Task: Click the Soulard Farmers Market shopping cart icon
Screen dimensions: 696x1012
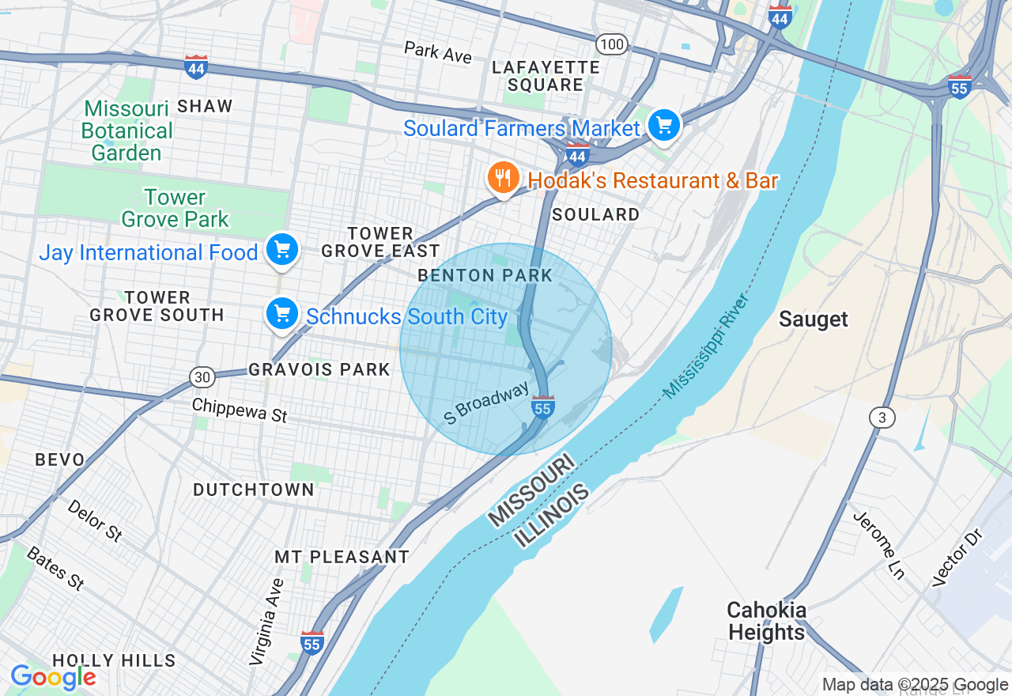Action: (x=664, y=126)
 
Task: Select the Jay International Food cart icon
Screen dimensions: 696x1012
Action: (x=281, y=250)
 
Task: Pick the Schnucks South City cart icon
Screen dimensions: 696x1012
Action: (x=281, y=314)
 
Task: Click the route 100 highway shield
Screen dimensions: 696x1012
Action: (x=612, y=44)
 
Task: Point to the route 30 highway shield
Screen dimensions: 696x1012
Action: (x=202, y=377)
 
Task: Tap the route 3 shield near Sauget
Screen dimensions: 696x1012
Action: (x=882, y=417)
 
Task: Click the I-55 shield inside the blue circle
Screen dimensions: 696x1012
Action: (x=542, y=407)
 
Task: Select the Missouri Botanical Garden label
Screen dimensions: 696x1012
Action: (x=126, y=130)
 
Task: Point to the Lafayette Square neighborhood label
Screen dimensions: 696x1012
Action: (x=546, y=76)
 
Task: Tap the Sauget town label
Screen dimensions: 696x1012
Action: (x=813, y=319)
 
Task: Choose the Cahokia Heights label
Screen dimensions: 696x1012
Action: (x=767, y=621)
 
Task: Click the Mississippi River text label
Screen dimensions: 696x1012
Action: (x=705, y=346)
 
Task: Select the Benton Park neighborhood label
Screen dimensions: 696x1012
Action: (x=485, y=275)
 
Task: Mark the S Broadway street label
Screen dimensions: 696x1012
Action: (x=486, y=403)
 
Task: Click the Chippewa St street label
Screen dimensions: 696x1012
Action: (x=240, y=410)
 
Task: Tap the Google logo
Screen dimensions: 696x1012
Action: (x=53, y=678)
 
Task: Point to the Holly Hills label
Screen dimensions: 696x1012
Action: (x=114, y=660)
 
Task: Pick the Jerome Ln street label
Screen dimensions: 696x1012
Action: (x=878, y=545)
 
